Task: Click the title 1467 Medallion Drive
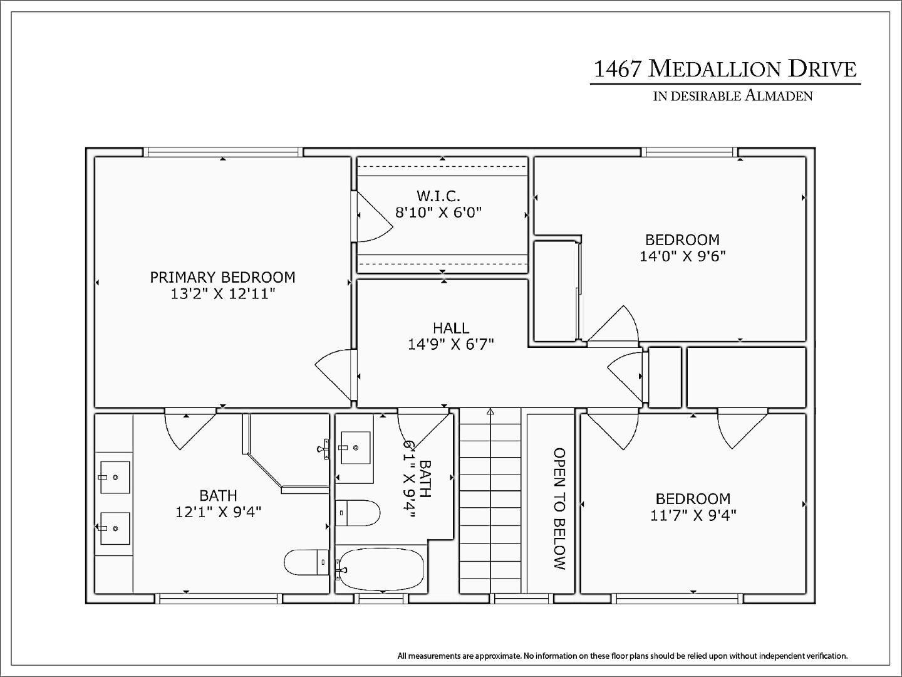click(725, 68)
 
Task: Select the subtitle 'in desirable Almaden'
click(732, 96)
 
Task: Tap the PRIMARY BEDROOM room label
click(222, 277)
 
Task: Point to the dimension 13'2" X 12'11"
click(223, 294)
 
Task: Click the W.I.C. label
click(438, 196)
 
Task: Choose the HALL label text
click(451, 328)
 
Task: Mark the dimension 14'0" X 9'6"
click(682, 256)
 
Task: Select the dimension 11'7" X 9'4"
click(693, 515)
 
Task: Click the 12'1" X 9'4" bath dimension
click(218, 512)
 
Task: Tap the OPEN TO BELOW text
click(559, 508)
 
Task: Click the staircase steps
click(490, 501)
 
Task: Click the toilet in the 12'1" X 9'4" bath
click(306, 562)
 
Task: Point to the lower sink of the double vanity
click(115, 528)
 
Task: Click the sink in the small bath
click(356, 448)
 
